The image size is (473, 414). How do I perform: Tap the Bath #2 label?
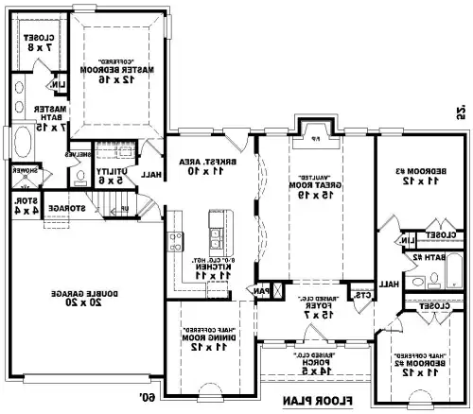tap(434, 256)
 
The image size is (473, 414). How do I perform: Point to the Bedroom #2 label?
tap(417, 363)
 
